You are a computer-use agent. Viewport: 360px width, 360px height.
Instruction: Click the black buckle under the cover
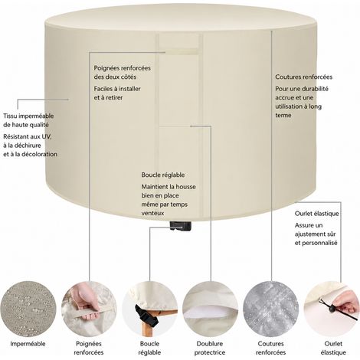(x=181, y=226)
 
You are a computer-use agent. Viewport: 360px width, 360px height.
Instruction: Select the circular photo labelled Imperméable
(x=28, y=309)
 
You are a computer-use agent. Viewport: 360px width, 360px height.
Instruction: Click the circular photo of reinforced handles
(x=89, y=309)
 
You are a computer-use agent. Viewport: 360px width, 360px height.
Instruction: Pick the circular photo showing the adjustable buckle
(x=149, y=309)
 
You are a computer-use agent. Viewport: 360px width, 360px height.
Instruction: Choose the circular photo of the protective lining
(x=210, y=309)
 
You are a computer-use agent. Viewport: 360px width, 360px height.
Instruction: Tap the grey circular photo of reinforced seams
(x=271, y=309)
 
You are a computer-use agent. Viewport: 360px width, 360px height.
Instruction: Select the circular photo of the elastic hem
(x=332, y=309)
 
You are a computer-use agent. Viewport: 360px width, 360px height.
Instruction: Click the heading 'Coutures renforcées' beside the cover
(x=304, y=77)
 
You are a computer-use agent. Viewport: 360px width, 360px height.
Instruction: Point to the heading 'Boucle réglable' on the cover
(x=163, y=175)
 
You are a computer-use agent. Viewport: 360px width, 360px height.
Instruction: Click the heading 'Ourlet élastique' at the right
(x=317, y=214)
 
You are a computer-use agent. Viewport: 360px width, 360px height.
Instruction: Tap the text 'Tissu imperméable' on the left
(x=28, y=116)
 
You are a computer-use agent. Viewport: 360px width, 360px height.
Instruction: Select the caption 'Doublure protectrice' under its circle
(x=210, y=349)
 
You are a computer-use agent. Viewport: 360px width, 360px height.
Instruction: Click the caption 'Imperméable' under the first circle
(x=28, y=344)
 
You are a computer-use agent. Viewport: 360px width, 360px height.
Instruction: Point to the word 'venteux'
(x=152, y=213)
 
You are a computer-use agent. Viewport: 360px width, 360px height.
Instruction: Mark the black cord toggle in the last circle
(x=332, y=309)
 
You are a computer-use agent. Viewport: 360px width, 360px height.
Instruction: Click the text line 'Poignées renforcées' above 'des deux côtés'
(x=123, y=68)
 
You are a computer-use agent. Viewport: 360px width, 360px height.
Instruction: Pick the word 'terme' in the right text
(x=283, y=115)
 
